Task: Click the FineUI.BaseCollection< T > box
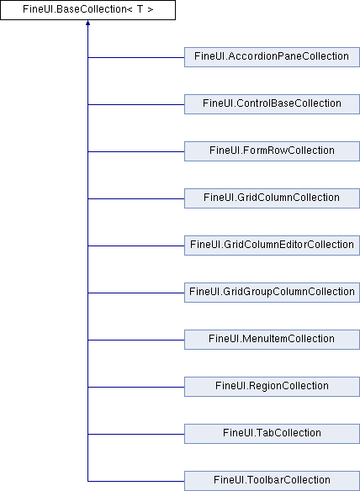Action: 87,10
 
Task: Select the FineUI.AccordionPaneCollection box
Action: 272,57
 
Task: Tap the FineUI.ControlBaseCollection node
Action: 272,104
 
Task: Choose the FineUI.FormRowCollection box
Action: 272,151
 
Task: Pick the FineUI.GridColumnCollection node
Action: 272,198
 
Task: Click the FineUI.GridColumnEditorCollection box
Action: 272,245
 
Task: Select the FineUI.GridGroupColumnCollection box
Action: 272,293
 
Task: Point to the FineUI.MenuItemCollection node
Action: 272,340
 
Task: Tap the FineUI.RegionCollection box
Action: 272,387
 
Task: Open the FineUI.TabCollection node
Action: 272,434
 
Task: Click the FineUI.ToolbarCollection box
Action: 272,481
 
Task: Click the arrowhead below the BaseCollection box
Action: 87,23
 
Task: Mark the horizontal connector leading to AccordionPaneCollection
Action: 136,58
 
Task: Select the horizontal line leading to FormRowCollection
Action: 136,152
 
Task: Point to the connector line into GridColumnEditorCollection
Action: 136,245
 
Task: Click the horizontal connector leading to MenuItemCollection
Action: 136,340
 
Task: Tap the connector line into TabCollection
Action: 136,434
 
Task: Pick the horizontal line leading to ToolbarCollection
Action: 136,481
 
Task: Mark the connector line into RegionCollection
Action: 136,387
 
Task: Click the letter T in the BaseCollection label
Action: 140,9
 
